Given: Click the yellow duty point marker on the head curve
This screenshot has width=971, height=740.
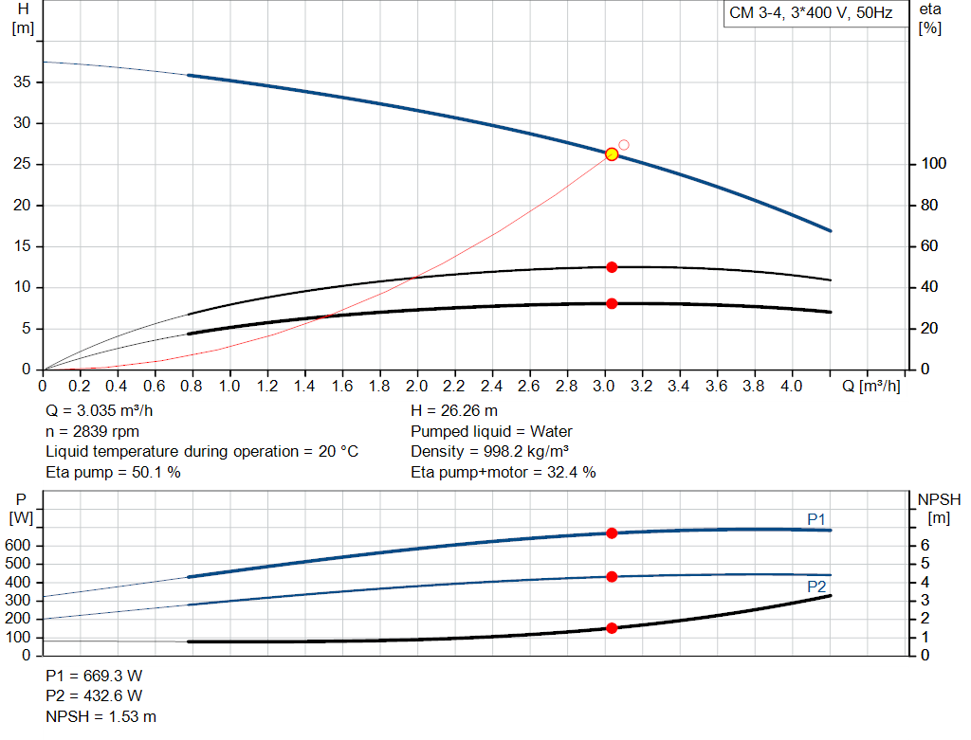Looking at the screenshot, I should pos(612,153).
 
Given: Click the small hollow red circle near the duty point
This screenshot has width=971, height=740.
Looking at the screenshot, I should pos(624,145).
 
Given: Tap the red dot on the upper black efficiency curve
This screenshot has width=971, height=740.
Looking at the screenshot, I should pos(612,267).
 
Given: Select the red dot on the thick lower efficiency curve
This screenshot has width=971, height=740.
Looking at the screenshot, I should pos(612,303).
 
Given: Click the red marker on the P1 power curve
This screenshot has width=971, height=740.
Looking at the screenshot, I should pos(612,533).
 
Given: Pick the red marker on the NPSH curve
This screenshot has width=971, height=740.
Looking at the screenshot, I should pos(612,628).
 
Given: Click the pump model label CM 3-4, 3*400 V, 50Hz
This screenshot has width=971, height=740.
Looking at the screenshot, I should pos(811,15).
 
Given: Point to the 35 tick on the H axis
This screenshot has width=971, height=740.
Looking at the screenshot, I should pos(22,82).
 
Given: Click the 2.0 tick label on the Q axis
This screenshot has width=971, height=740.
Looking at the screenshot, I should pos(417,387).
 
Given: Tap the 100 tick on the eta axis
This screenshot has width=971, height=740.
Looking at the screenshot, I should pos(933,164).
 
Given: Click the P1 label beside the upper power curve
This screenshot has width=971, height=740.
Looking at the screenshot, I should pos(816,518).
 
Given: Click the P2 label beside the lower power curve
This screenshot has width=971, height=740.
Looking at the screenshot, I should pos(816,587).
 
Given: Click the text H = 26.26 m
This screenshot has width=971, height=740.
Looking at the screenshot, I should pos(454,411).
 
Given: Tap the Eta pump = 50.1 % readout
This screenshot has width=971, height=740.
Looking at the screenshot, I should pos(113,472).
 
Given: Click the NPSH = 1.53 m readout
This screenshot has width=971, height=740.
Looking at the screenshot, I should pos(101,716).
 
